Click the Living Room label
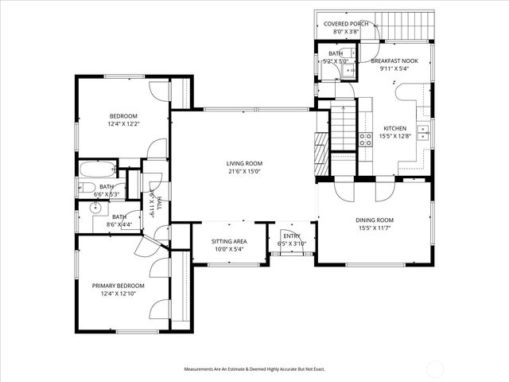click(x=244, y=164)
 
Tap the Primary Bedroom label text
click(x=119, y=286)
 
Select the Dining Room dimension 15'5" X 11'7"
click(x=374, y=229)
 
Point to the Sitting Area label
click(x=229, y=241)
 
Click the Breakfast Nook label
click(x=393, y=60)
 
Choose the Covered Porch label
click(x=346, y=24)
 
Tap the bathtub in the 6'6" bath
click(x=96, y=169)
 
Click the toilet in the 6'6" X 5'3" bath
click(x=83, y=188)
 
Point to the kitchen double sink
click(x=424, y=131)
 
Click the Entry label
click(x=292, y=236)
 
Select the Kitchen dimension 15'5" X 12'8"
click(x=395, y=136)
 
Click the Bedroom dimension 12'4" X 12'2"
click(x=123, y=123)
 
